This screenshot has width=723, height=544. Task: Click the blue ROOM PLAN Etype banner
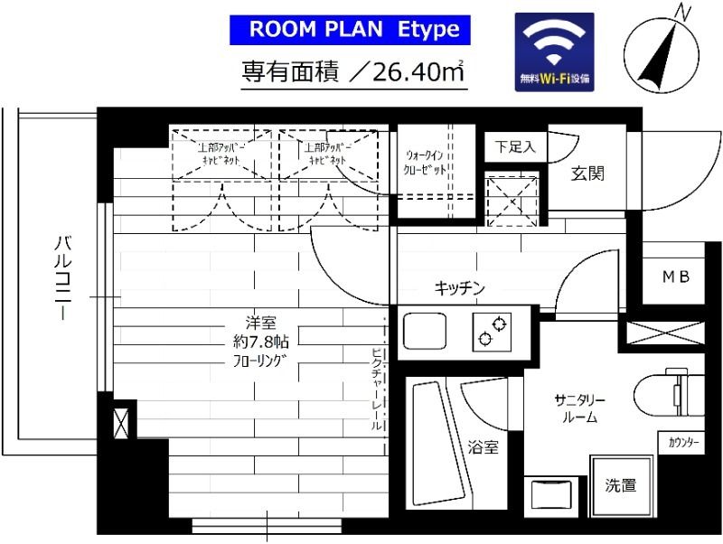pyautogui.click(x=354, y=29)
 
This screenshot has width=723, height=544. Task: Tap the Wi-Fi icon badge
pyautogui.click(x=554, y=52)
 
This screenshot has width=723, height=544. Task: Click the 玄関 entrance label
pyautogui.click(x=587, y=174)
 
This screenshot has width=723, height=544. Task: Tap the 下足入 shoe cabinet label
pyautogui.click(x=515, y=145)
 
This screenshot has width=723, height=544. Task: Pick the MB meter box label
pyautogui.click(x=676, y=277)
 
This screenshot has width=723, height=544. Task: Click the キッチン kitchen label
pyautogui.click(x=460, y=289)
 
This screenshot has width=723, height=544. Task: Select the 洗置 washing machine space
pyautogui.click(x=621, y=485)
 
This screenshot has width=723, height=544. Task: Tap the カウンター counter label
pyautogui.click(x=683, y=443)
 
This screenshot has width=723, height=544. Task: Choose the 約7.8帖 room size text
pyautogui.click(x=254, y=342)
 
